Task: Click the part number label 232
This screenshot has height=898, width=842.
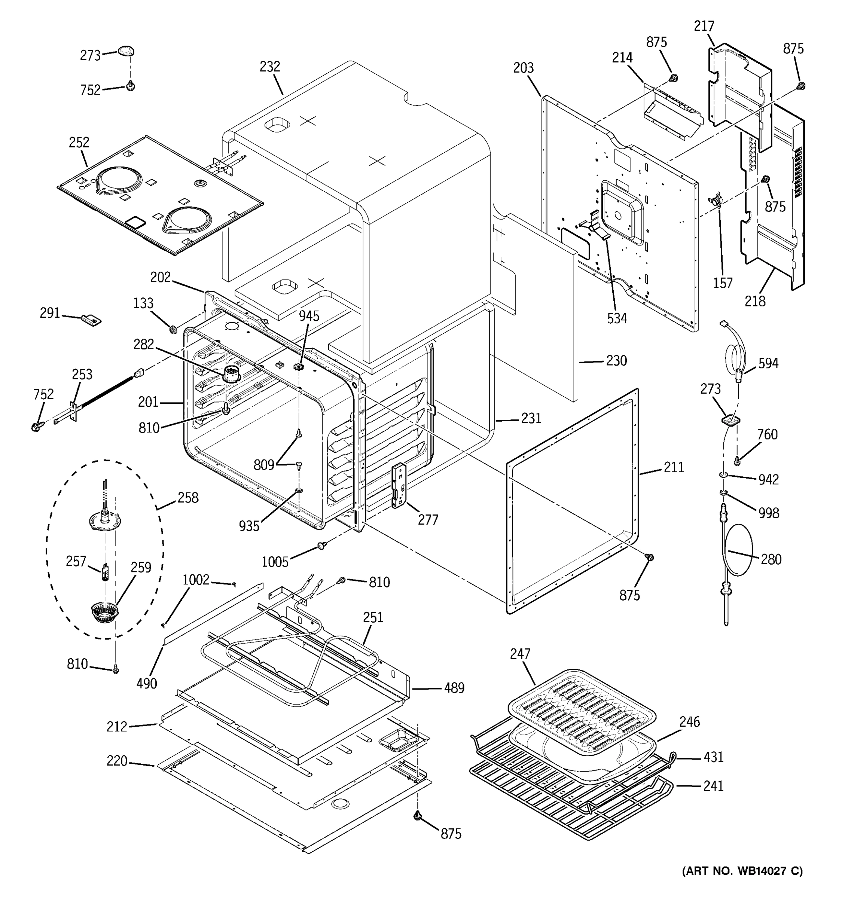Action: (x=270, y=67)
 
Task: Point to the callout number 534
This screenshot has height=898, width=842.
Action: (x=617, y=318)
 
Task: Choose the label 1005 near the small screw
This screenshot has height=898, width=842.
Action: (x=275, y=562)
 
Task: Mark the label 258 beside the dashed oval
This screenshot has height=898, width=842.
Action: (x=188, y=497)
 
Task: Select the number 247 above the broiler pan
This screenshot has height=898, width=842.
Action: (x=520, y=654)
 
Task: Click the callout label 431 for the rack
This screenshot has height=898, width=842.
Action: (x=713, y=757)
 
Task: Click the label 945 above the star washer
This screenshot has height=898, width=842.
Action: (x=309, y=316)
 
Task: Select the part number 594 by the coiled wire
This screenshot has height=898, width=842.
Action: (x=768, y=363)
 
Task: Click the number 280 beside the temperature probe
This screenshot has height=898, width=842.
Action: (x=771, y=559)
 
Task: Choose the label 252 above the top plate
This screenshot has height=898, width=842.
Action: (x=79, y=143)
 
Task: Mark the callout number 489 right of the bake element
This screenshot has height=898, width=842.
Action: (x=454, y=688)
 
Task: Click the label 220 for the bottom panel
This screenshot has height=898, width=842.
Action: (x=117, y=761)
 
